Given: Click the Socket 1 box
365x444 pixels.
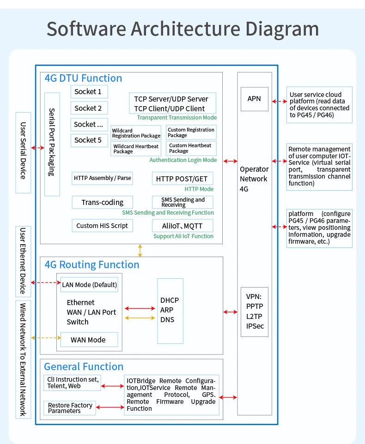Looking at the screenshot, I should point(89,91).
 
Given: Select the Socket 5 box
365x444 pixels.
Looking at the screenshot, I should point(89,140).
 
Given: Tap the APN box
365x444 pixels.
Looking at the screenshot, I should point(254,99).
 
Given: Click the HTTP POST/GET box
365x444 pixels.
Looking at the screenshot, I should point(182,179).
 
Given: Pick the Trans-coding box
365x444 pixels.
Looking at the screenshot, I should point(102,202).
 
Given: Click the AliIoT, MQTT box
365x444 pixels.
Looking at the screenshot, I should point(183,226).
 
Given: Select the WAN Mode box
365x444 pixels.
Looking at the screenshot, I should point(89,340).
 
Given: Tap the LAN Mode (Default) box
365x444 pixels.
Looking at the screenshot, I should point(89,285).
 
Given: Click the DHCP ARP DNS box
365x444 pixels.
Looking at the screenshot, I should point(170,310).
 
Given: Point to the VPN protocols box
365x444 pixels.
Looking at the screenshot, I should point(254,312).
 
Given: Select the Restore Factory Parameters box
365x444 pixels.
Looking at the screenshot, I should point(70,408).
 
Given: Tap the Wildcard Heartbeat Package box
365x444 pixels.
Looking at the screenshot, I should point(135,149).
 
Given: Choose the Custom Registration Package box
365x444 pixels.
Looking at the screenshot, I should point(191,132).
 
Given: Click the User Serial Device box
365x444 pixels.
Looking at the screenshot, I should point(23,152).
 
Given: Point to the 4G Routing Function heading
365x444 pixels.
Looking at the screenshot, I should point(91,264).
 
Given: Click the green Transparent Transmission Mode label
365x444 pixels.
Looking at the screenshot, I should point(176,118).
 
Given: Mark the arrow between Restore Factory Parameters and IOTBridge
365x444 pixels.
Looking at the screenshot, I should point(110,407).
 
